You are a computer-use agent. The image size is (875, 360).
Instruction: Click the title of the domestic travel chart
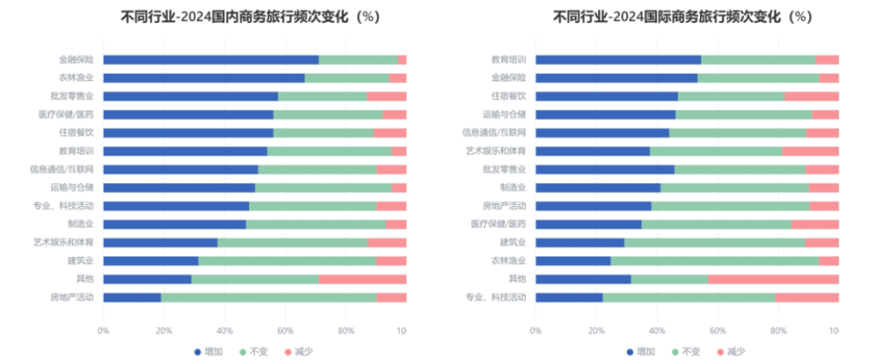tap(250, 16)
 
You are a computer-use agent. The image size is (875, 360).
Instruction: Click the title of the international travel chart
tap(682, 16)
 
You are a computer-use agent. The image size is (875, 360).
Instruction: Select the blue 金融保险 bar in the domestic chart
tap(211, 60)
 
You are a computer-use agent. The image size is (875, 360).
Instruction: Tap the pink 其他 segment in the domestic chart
tap(363, 279)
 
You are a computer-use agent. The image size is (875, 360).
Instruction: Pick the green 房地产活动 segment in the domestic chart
tap(269, 297)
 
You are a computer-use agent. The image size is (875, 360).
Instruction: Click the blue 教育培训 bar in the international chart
tap(618, 60)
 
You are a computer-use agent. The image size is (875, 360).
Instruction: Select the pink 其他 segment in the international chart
tap(773, 279)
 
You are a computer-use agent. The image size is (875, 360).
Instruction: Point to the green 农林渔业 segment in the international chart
tap(715, 261)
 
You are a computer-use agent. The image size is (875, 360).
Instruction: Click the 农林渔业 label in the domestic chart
tap(77, 78)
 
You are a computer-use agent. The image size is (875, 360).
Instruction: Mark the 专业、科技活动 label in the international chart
tap(496, 297)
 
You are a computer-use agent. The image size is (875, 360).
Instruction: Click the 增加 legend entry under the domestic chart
tap(211, 351)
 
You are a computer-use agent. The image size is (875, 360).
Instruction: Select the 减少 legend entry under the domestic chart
tap(301, 351)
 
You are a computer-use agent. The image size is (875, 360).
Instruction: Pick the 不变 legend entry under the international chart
tap(688, 351)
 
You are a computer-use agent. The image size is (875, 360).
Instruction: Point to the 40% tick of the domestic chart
tap(225, 330)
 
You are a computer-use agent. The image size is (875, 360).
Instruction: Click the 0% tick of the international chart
tap(536, 330)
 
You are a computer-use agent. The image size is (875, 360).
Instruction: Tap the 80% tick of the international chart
tap(778, 330)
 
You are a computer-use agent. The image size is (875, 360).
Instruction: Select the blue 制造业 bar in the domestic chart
tap(174, 224)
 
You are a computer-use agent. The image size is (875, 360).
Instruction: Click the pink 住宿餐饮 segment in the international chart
tap(811, 97)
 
